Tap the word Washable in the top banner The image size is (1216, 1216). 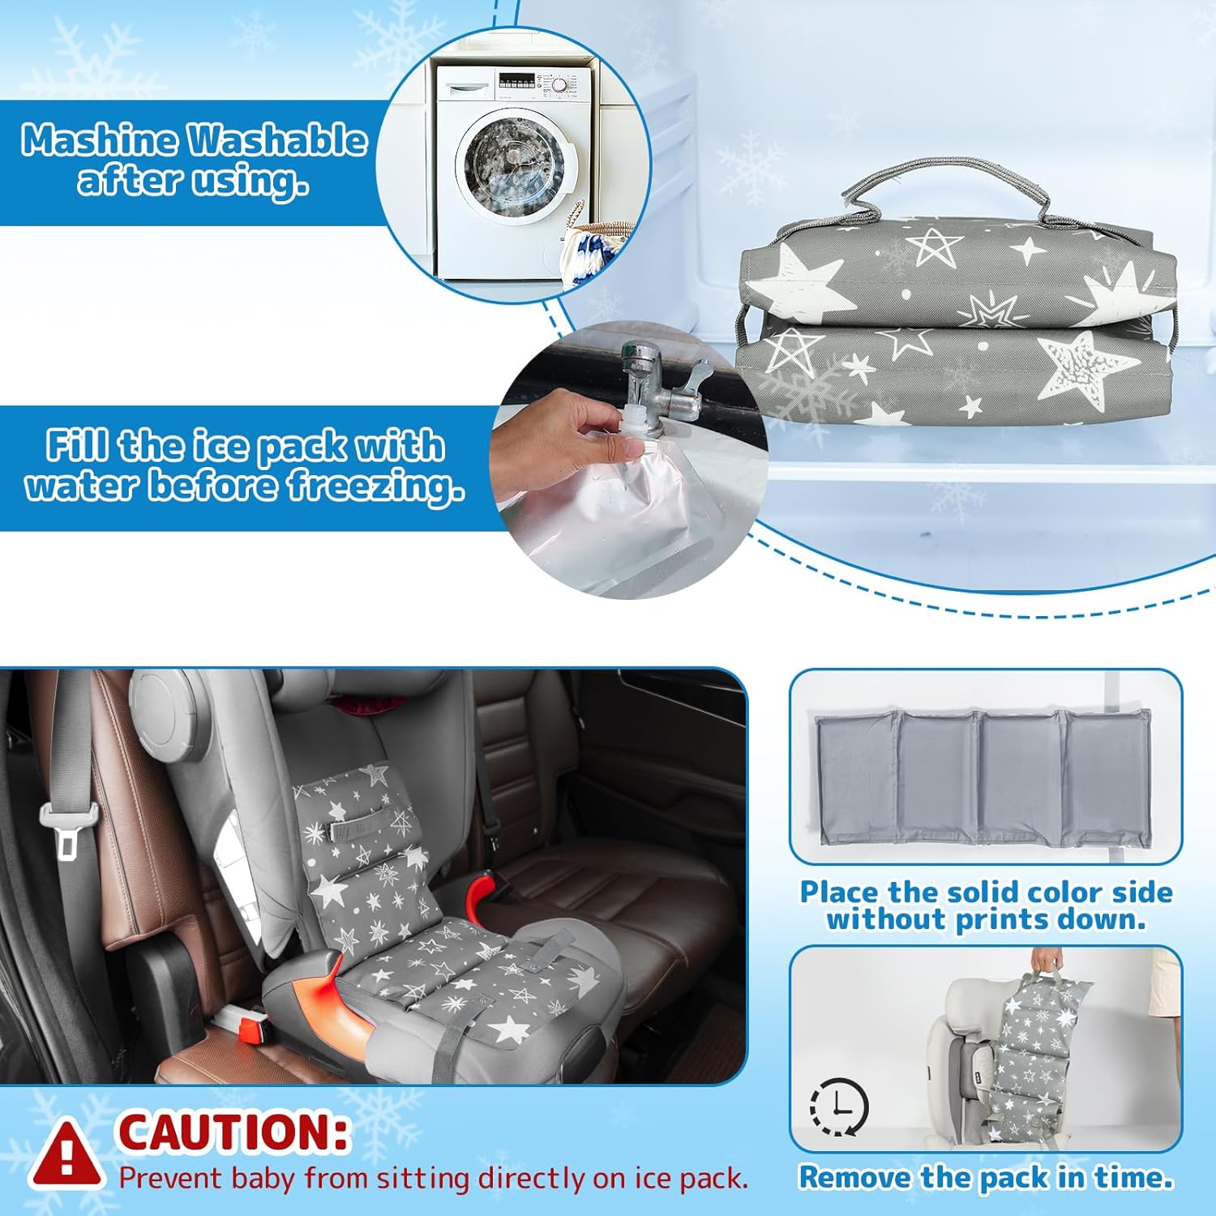(x=278, y=140)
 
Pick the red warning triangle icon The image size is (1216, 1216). (x=67, y=1153)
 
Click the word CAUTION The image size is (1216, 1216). (x=234, y=1132)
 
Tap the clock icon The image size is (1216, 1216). (x=839, y=1107)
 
